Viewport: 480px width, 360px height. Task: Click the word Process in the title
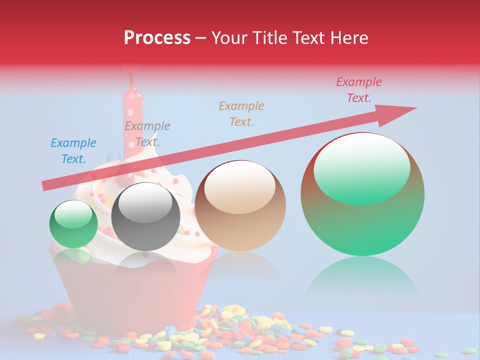157,38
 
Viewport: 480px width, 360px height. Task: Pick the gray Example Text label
147,133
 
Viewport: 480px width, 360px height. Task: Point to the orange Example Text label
241,113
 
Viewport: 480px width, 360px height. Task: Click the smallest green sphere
73,224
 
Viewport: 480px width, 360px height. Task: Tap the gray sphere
145,216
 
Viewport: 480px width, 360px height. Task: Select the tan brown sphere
240,205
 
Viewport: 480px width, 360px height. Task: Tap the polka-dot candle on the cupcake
133,120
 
